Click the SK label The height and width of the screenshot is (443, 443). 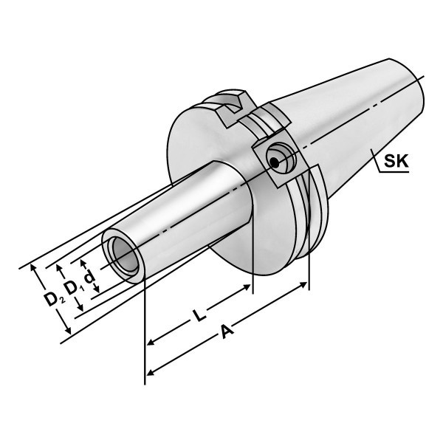click(x=396, y=161)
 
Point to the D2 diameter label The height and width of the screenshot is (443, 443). click(x=54, y=300)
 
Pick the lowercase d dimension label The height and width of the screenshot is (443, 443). click(x=90, y=276)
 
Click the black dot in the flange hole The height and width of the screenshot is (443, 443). click(x=274, y=162)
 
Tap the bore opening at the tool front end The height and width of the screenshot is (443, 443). click(x=126, y=255)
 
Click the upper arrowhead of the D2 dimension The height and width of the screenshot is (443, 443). click(x=33, y=268)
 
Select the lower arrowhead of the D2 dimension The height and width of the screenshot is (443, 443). click(x=68, y=330)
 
